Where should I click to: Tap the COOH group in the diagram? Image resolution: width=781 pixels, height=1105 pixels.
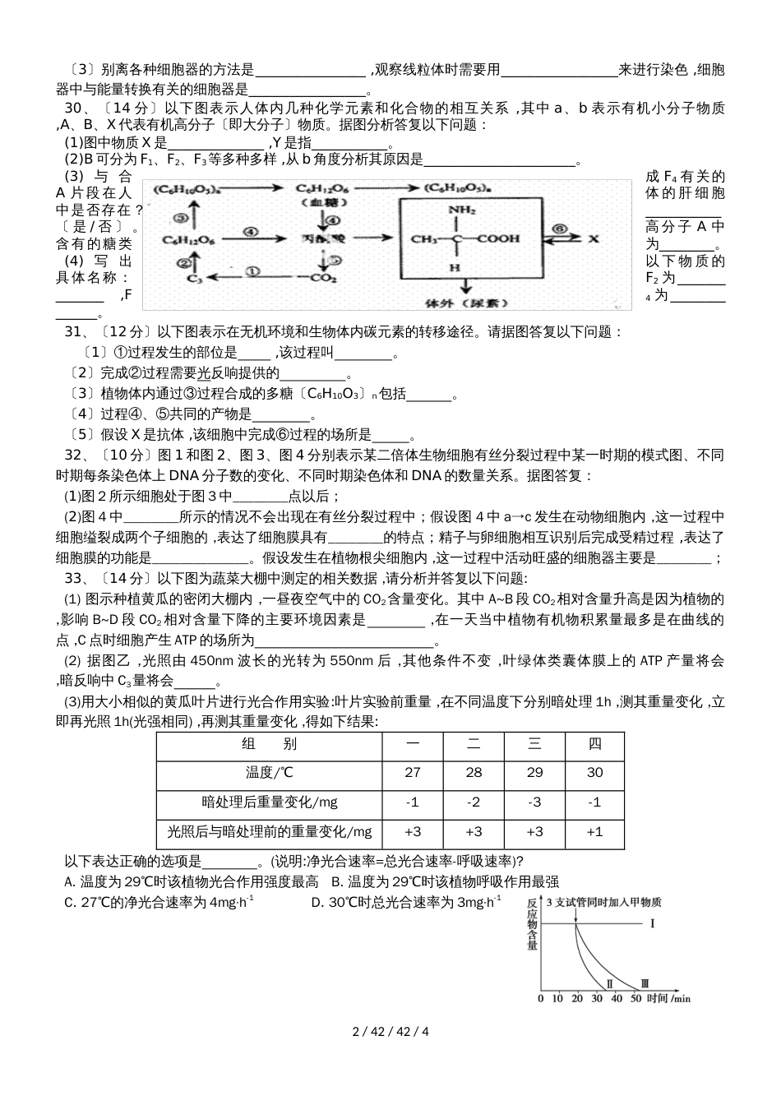pos(500,239)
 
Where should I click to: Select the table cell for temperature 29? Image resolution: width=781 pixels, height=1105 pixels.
pos(534,772)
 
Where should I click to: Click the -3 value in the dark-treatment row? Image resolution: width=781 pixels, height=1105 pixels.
pos(534,802)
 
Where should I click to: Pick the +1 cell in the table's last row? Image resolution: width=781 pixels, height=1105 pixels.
pos(594,831)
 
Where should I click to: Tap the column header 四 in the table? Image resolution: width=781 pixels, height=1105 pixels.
pos(594,744)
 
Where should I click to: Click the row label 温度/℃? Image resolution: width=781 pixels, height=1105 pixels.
pos(269,772)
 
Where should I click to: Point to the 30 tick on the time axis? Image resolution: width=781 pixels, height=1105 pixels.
pos(596,998)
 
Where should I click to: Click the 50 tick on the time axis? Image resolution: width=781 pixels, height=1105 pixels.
pos(635,998)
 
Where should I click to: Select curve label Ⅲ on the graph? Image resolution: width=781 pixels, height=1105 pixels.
pos(645,982)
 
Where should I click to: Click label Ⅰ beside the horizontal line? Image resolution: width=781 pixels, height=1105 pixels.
pos(652,924)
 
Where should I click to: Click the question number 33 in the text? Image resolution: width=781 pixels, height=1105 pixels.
pos(71,578)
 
